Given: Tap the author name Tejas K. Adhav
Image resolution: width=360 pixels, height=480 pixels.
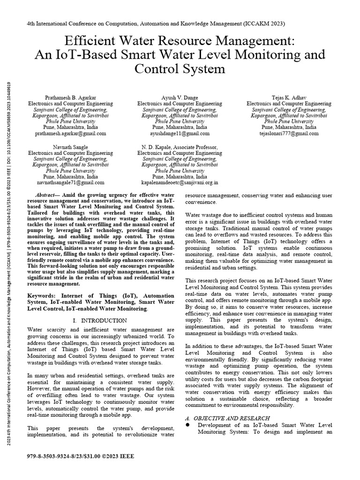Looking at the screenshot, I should coord(289,97).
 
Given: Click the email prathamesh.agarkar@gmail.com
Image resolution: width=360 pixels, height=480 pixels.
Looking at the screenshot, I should coord(70,134).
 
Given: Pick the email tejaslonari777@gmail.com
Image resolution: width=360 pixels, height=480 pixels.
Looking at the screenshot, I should coord(289,134).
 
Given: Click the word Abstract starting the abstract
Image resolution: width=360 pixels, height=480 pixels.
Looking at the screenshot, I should coord(47,195).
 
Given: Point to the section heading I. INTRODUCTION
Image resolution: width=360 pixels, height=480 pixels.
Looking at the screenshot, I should coord(100,320).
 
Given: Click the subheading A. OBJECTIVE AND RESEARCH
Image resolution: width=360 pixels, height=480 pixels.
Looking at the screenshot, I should coord(227,418).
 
